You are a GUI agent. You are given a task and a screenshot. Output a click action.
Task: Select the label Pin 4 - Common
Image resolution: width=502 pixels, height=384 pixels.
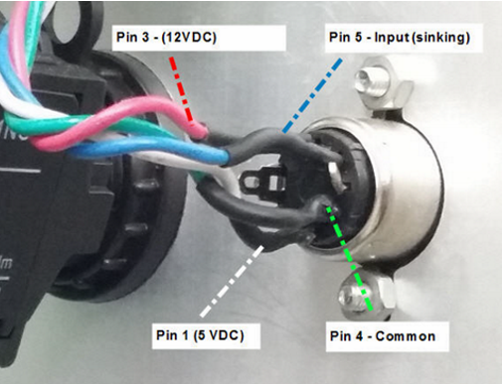(382, 335)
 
